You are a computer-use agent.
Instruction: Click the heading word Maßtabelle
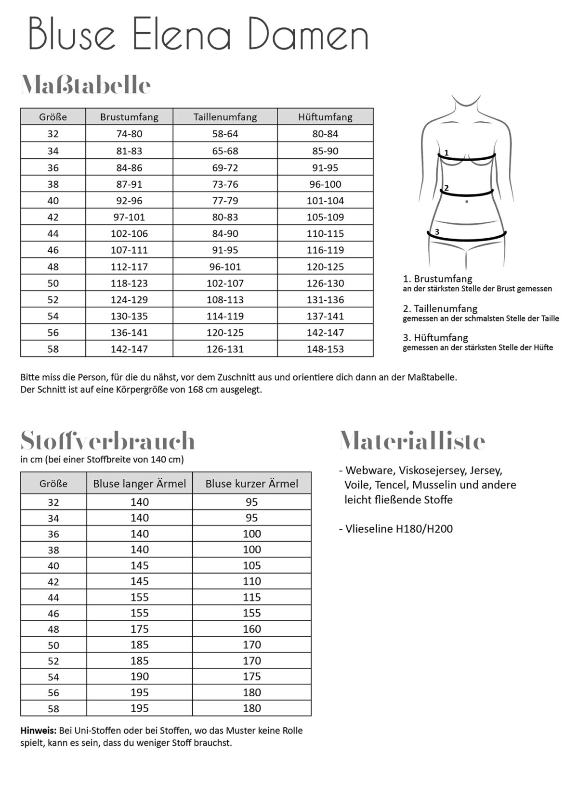86,85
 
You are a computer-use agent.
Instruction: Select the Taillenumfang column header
225,117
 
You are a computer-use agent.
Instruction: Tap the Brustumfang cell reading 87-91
129,184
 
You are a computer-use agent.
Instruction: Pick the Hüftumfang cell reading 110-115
325,233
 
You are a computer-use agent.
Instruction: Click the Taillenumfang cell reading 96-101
225,267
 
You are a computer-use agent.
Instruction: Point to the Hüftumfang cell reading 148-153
325,349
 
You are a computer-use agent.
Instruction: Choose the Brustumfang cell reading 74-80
129,134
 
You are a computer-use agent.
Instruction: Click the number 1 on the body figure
447,153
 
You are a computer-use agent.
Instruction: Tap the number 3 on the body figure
437,232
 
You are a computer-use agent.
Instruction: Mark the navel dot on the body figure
467,202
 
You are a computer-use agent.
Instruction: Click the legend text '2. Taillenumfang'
440,308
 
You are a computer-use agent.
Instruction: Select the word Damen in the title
308,35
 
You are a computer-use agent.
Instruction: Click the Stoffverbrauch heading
107,440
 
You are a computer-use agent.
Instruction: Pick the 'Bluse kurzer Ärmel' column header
251,484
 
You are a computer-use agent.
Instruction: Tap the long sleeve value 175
139,629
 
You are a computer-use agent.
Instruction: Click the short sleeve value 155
251,613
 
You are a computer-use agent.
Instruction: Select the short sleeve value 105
251,565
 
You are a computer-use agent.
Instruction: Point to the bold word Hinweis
38,730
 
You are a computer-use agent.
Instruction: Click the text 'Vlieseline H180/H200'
399,529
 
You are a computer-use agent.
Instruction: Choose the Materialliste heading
412,440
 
